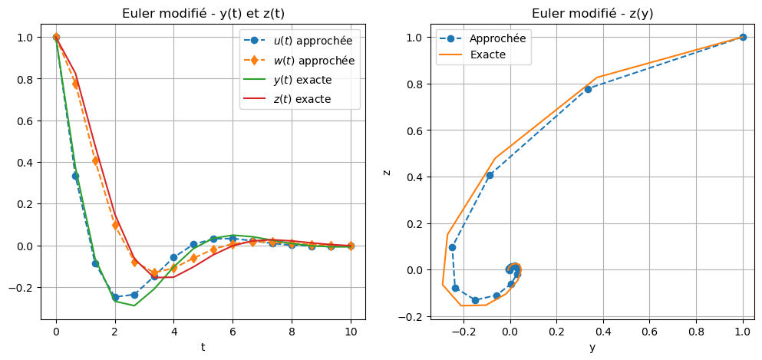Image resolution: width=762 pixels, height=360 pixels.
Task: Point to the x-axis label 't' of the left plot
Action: point(203,347)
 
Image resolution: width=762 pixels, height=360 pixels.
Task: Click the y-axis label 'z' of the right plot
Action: point(386,171)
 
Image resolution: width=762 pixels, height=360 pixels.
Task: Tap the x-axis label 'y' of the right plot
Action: point(592,347)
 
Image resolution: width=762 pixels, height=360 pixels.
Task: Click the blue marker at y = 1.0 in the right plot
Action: point(743,37)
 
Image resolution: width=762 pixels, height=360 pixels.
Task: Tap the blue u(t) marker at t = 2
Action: point(115,297)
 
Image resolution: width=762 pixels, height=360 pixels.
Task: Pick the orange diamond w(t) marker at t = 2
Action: point(115,225)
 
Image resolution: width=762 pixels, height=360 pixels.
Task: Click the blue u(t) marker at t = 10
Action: point(351,246)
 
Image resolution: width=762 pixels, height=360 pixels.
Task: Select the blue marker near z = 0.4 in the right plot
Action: point(490,175)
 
